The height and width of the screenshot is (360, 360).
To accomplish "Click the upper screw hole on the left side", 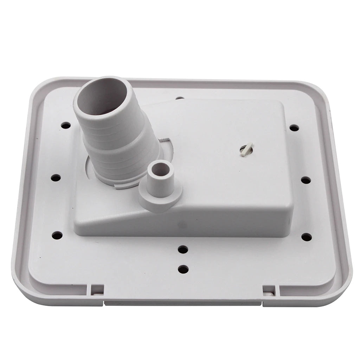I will point(65,126).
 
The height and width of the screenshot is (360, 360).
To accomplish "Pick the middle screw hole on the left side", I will point(56,178).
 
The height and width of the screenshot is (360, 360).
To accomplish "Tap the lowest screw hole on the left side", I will point(57,235).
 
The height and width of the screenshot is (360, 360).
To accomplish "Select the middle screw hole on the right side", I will point(306,180).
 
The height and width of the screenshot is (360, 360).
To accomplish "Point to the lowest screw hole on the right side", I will point(307,237).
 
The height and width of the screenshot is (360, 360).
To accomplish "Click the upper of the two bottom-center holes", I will point(183,250).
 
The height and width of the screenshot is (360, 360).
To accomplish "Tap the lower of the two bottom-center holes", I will point(183,270).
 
